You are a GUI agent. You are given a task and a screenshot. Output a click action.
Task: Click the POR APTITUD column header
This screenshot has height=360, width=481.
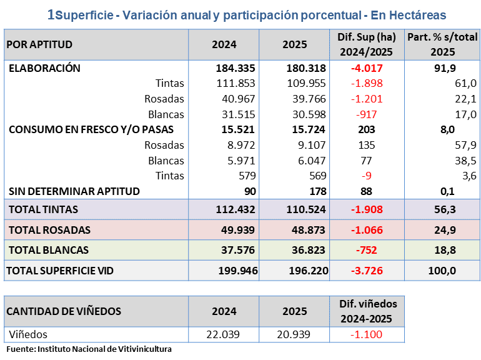(x=40, y=45)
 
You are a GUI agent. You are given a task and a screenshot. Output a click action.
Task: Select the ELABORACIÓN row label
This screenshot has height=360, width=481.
(x=44, y=69)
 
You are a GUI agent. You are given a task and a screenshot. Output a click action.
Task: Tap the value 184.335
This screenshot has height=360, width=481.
(x=224, y=69)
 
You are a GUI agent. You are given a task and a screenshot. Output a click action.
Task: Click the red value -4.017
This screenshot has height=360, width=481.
(x=367, y=69)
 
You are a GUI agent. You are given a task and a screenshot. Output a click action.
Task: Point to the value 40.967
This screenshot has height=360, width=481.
(x=238, y=99)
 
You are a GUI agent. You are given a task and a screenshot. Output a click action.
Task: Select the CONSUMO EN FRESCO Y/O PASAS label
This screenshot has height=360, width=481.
(x=91, y=129)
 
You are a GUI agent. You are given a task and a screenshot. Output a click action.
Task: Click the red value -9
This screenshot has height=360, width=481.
(x=367, y=176)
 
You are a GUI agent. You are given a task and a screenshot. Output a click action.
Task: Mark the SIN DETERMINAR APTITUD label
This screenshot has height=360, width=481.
(x=74, y=191)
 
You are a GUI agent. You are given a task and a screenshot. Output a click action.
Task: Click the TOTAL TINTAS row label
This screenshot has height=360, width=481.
(x=43, y=209)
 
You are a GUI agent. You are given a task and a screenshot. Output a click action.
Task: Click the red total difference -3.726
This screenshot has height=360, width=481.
(x=367, y=271)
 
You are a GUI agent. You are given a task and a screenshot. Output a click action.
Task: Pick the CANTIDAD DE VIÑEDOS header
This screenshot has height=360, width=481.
(x=64, y=311)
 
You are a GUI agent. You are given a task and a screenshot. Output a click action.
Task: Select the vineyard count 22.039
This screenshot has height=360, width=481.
(x=223, y=334)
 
